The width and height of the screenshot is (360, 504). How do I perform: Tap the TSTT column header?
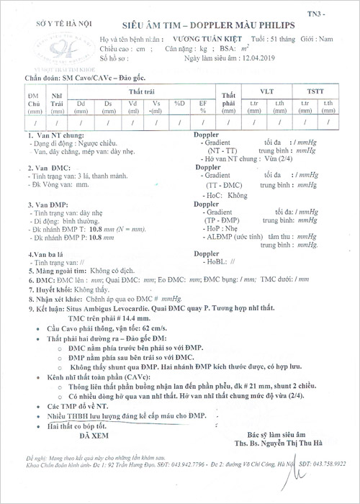314,92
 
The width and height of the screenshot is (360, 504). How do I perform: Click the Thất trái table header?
142,92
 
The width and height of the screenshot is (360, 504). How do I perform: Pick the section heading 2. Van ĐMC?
45,166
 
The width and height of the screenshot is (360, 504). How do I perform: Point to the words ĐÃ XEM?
94,436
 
